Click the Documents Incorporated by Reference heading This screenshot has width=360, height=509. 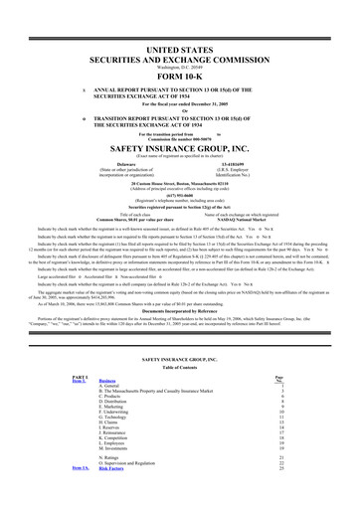179,310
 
